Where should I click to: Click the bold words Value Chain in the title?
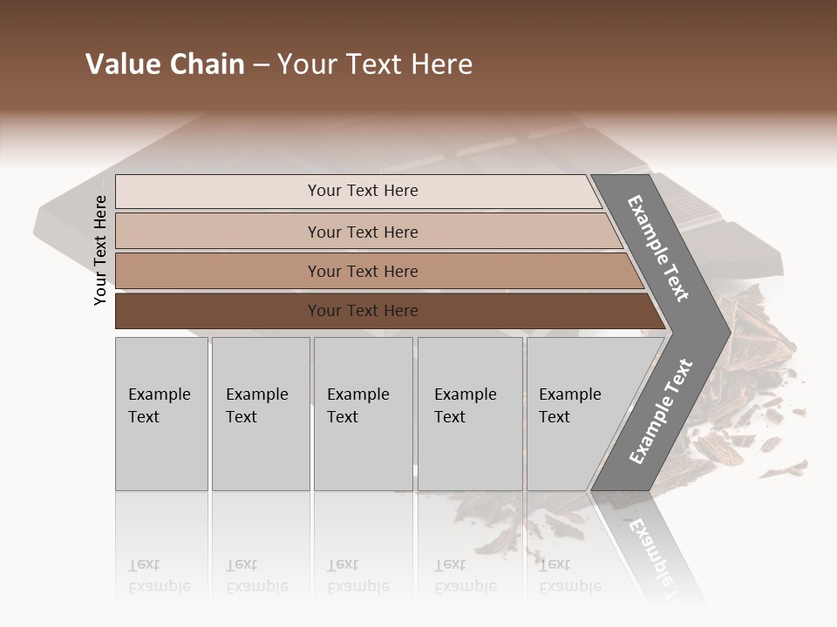coord(165,64)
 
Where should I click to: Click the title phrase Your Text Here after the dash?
coord(375,64)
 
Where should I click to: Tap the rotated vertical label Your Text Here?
coord(100,250)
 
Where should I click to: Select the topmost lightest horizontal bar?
coord(357,191)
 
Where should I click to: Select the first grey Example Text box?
coord(161,414)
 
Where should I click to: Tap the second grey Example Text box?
coord(260,414)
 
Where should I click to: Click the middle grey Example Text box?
coord(363,414)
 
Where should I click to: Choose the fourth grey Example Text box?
coord(469,414)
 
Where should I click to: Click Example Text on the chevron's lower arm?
coord(661,411)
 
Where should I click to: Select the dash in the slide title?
coord(261,64)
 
